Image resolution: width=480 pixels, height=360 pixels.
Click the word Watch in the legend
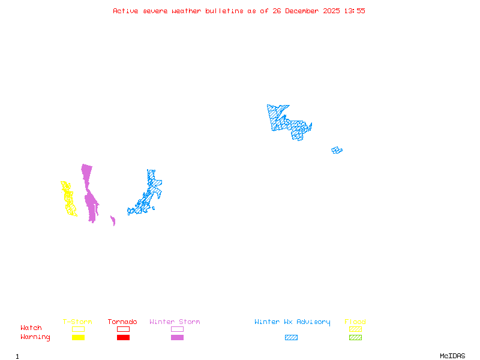31,328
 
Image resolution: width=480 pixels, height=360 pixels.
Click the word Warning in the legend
35,337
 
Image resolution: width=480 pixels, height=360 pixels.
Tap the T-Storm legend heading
77,322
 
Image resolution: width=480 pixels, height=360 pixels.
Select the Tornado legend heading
122,322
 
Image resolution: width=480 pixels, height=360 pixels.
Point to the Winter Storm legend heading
175,322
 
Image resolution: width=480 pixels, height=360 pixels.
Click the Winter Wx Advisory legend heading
292,322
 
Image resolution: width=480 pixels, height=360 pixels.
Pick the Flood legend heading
355,322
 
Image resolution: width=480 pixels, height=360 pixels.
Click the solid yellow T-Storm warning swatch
78,338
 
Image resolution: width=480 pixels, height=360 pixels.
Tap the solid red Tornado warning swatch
123,338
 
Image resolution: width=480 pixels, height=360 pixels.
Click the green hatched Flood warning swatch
355,338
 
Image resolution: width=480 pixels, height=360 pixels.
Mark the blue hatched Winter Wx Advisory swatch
291,338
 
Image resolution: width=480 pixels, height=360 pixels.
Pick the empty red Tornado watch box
123,329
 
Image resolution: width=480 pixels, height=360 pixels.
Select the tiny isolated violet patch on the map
113,221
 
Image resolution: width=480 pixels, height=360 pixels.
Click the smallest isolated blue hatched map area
337,150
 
